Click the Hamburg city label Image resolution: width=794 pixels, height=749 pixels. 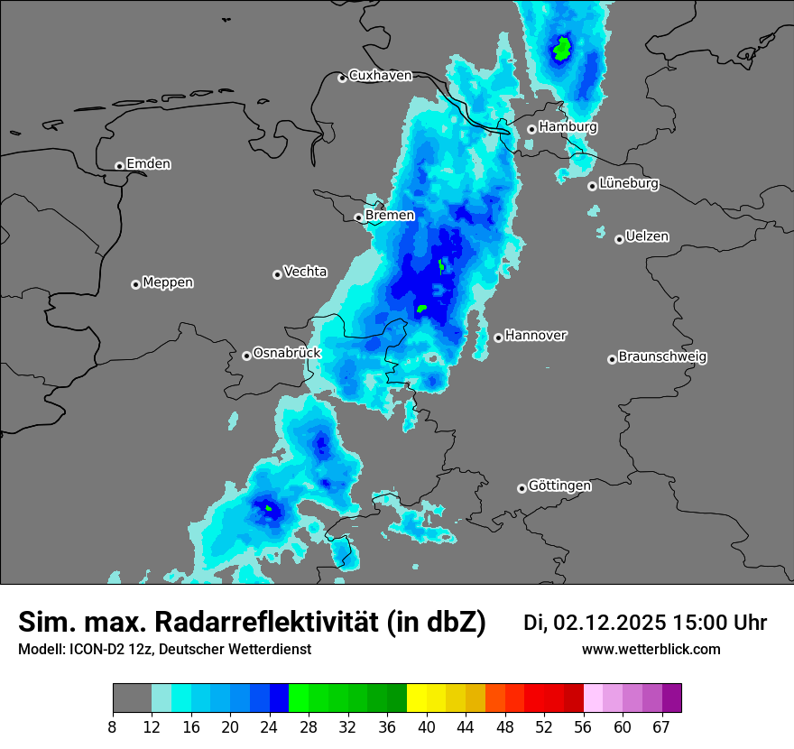pyautogui.click(x=568, y=127)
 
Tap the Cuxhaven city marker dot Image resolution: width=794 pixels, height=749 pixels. pyautogui.click(x=342, y=79)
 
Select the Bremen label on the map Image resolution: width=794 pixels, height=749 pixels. pyautogui.click(x=390, y=216)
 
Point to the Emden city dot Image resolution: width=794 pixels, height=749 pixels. pyautogui.click(x=119, y=166)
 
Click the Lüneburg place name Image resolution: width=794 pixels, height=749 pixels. pyautogui.click(x=628, y=183)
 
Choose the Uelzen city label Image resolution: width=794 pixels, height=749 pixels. pyautogui.click(x=647, y=236)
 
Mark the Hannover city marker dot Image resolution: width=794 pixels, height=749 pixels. pyautogui.click(x=498, y=338)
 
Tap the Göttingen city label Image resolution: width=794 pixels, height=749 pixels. pyautogui.click(x=559, y=485)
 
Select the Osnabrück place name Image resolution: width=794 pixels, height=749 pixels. pyautogui.click(x=287, y=353)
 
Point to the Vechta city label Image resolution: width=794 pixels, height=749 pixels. pyautogui.click(x=305, y=272)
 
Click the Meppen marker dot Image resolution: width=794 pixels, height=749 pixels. pyautogui.click(x=135, y=284)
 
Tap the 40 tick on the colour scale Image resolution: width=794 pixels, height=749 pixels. pyautogui.click(x=427, y=726)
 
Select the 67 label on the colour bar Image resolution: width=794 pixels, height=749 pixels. pyautogui.click(x=661, y=726)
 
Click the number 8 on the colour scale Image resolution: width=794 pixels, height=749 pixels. pyautogui.click(x=114, y=726)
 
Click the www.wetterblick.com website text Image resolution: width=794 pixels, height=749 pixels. pyautogui.click(x=651, y=650)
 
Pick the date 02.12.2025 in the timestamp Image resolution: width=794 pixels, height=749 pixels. pyautogui.click(x=609, y=623)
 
